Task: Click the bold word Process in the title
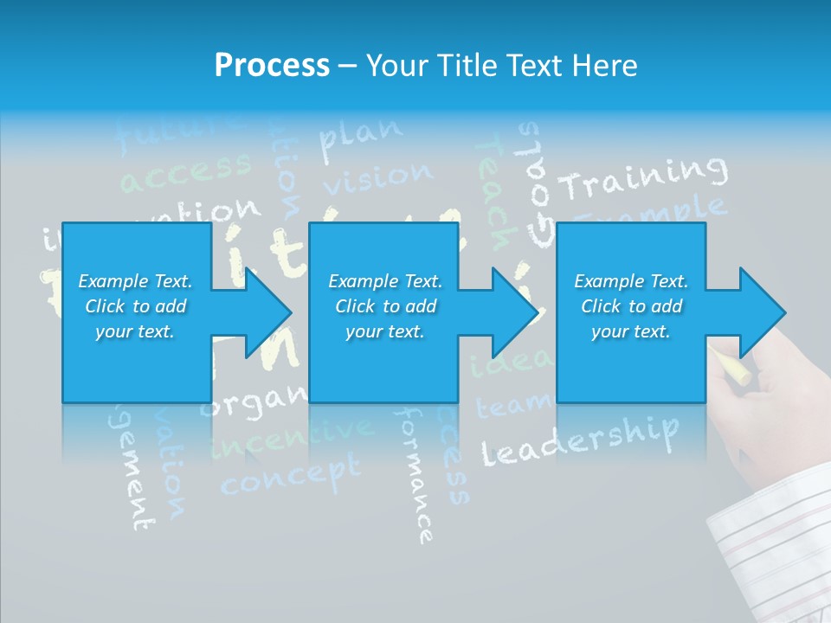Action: (x=272, y=66)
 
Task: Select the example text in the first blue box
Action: (x=135, y=306)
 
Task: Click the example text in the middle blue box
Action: (x=385, y=306)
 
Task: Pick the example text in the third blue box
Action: (x=631, y=306)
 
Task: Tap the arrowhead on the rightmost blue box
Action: (x=761, y=312)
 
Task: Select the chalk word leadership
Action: (x=579, y=440)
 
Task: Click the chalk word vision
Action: (x=377, y=178)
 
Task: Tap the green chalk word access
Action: (x=186, y=171)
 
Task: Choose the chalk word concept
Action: (x=290, y=475)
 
